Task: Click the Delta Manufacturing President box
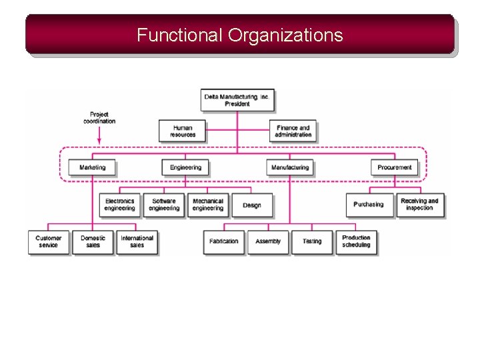tap(237, 100)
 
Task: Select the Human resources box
tap(182, 131)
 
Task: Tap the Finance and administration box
tap(293, 131)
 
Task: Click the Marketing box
tap(92, 167)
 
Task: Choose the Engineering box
tap(185, 167)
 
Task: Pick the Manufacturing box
tap(290, 167)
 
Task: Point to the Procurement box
tap(394, 167)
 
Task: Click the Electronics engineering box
tap(119, 205)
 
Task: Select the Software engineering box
tap(163, 205)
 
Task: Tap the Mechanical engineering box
tap(207, 205)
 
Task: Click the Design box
tap(251, 205)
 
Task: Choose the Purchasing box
tap(368, 205)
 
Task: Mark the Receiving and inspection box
tap(419, 205)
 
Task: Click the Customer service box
tap(48, 241)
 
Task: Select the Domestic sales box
tap(93, 241)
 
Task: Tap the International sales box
tap(137, 241)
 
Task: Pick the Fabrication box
tap(223, 241)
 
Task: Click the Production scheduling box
tap(356, 241)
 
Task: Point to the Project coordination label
tap(99, 118)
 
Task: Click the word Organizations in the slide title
tap(285, 35)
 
